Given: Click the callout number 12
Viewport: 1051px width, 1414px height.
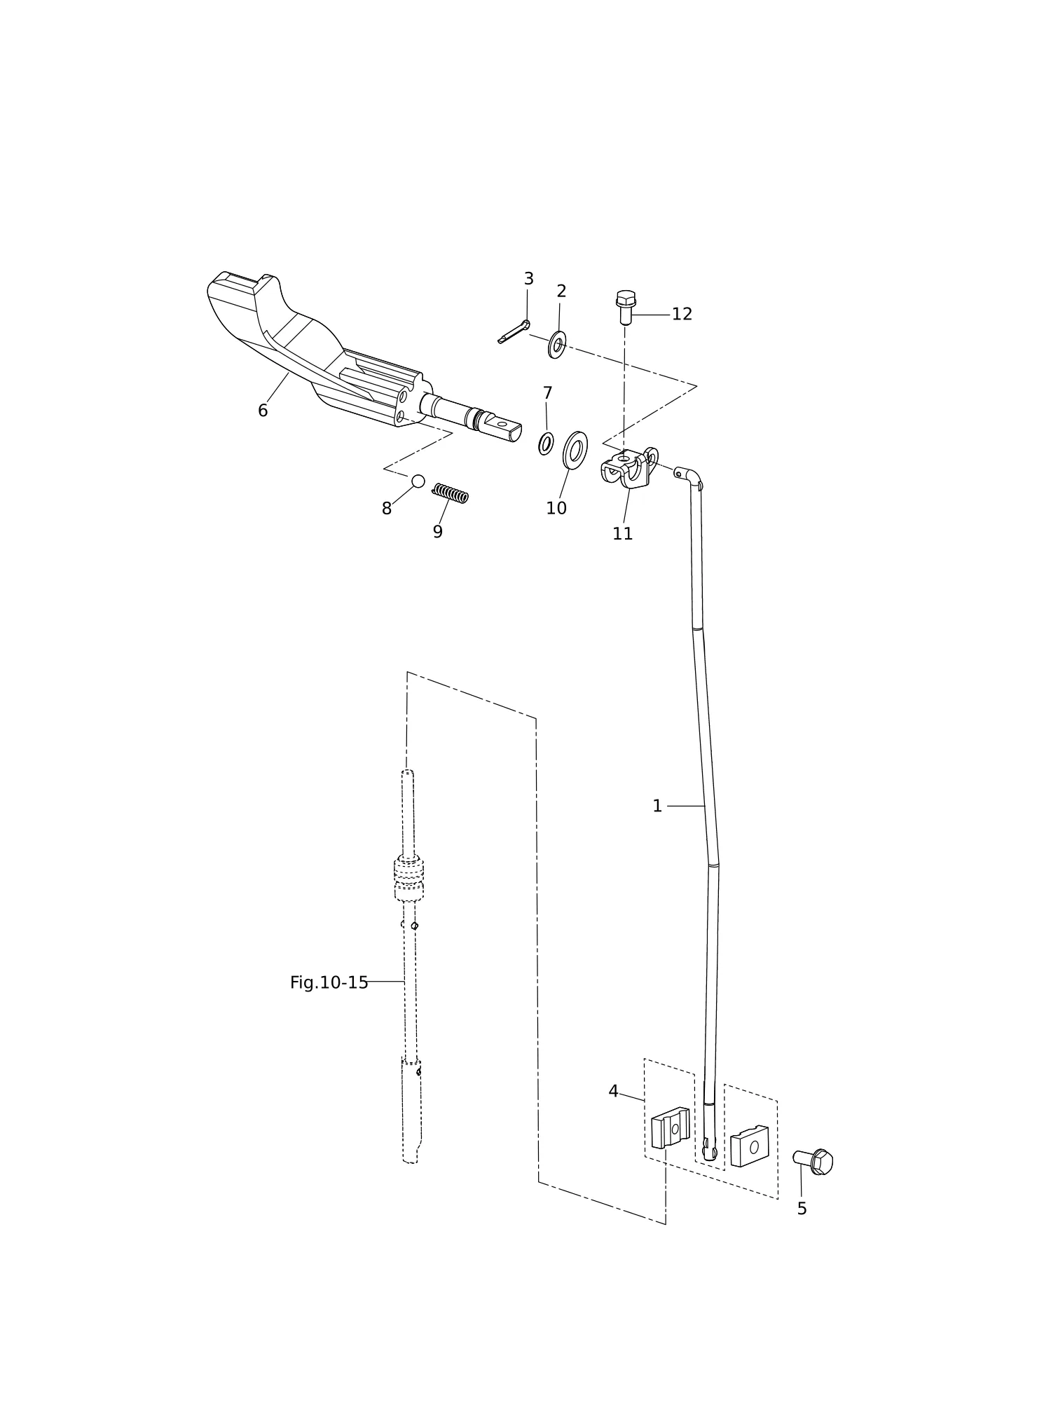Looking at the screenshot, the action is (x=682, y=315).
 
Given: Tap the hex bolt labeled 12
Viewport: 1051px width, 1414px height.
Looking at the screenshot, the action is (x=626, y=307).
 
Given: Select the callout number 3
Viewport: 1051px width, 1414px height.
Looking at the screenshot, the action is (x=529, y=279).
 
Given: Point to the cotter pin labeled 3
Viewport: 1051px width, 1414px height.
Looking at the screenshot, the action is (x=514, y=332).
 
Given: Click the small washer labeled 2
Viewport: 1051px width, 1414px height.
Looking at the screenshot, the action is (x=557, y=345).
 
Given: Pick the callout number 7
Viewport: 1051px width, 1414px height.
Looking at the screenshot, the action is (x=548, y=393).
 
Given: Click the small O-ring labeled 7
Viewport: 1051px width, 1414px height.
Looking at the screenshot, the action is (x=546, y=444).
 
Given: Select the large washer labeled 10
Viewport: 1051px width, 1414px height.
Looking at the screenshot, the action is (x=575, y=451).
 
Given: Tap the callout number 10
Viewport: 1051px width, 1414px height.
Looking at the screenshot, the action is (x=556, y=509).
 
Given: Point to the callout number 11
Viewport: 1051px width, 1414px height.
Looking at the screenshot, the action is (x=623, y=534).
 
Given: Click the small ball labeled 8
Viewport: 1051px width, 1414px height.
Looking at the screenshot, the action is (x=418, y=481).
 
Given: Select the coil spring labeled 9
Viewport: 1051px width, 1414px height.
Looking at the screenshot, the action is (x=450, y=493).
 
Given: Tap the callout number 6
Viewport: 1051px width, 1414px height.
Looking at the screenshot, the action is (x=263, y=411).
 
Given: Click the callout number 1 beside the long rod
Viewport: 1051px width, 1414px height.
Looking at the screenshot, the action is (x=657, y=806).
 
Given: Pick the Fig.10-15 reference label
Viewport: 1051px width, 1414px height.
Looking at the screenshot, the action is (x=329, y=983).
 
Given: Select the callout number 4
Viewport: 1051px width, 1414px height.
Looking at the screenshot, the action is (x=613, y=1092).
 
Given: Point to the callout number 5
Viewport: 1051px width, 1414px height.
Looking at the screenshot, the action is (x=802, y=1209).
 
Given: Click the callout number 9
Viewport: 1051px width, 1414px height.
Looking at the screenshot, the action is (x=438, y=532).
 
